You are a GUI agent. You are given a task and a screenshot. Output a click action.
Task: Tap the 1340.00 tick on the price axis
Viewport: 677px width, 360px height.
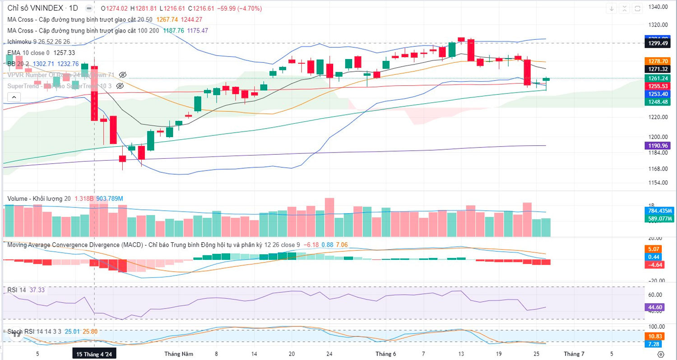pyautogui.click(x=657, y=7)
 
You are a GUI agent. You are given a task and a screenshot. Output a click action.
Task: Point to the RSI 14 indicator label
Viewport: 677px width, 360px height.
pyautogui.click(x=17, y=290)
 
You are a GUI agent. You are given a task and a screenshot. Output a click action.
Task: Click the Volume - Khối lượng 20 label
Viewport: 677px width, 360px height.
pyautogui.click(x=39, y=198)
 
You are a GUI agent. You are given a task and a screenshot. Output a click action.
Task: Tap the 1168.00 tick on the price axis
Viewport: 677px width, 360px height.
pyautogui.click(x=657, y=169)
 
